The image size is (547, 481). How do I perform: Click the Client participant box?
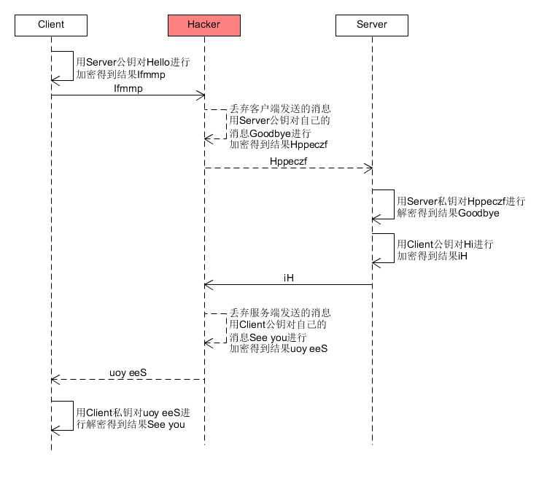pyautogui.click(x=51, y=25)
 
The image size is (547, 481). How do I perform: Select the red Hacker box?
pyautogui.click(x=204, y=25)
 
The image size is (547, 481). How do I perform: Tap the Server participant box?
pyautogui.click(x=372, y=25)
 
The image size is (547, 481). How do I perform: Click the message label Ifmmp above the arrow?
pyautogui.click(x=128, y=87)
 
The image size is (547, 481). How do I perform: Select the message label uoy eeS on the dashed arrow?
pyautogui.click(x=128, y=372)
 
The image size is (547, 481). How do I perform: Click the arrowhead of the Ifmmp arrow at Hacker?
pyautogui.click(x=201, y=95)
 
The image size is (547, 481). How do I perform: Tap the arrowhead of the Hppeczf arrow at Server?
pyautogui.click(x=368, y=168)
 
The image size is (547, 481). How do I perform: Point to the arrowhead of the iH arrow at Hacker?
pyautogui.click(x=208, y=284)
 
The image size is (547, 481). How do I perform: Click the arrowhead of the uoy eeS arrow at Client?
pyautogui.click(x=55, y=379)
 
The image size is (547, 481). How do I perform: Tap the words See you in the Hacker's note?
pyautogui.click(x=269, y=337)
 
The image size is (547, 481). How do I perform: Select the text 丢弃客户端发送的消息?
pyautogui.click(x=280, y=108)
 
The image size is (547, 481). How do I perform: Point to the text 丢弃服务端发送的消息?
pyautogui.click(x=280, y=312)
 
